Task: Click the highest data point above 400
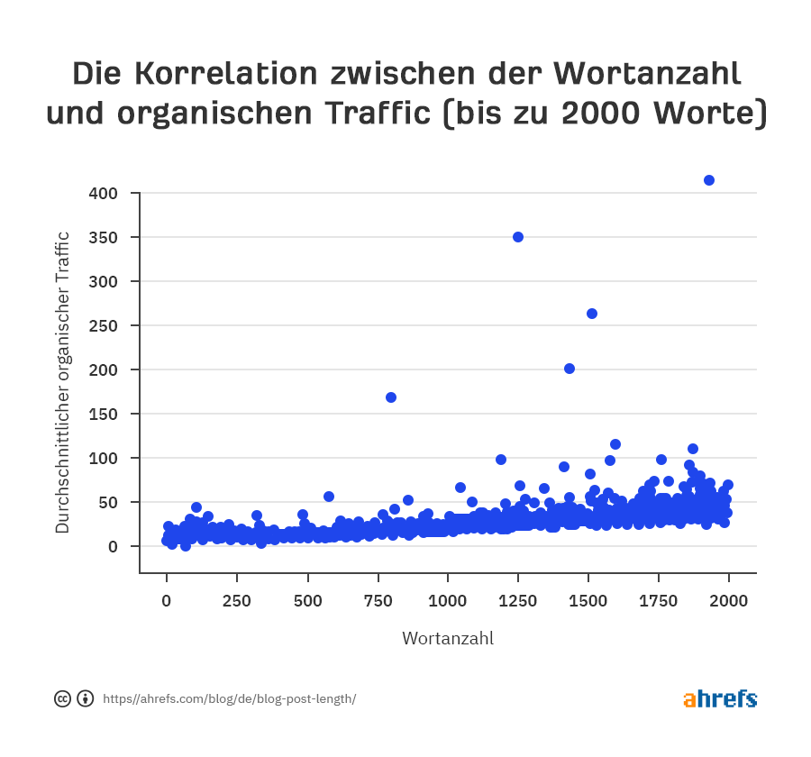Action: [x=709, y=180]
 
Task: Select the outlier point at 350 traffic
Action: [x=518, y=237]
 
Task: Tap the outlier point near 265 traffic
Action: [x=592, y=314]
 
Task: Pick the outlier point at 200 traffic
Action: [x=570, y=369]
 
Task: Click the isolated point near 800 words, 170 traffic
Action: [x=391, y=397]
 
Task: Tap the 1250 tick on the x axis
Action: [x=518, y=602]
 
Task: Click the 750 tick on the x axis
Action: [x=378, y=602]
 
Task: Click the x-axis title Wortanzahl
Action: [x=448, y=639]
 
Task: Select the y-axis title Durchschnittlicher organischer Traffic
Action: [x=62, y=382]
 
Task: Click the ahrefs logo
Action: [x=720, y=698]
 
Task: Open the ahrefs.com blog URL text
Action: [x=230, y=698]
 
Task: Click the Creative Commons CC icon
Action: [x=63, y=698]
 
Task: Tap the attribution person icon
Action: [x=86, y=698]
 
